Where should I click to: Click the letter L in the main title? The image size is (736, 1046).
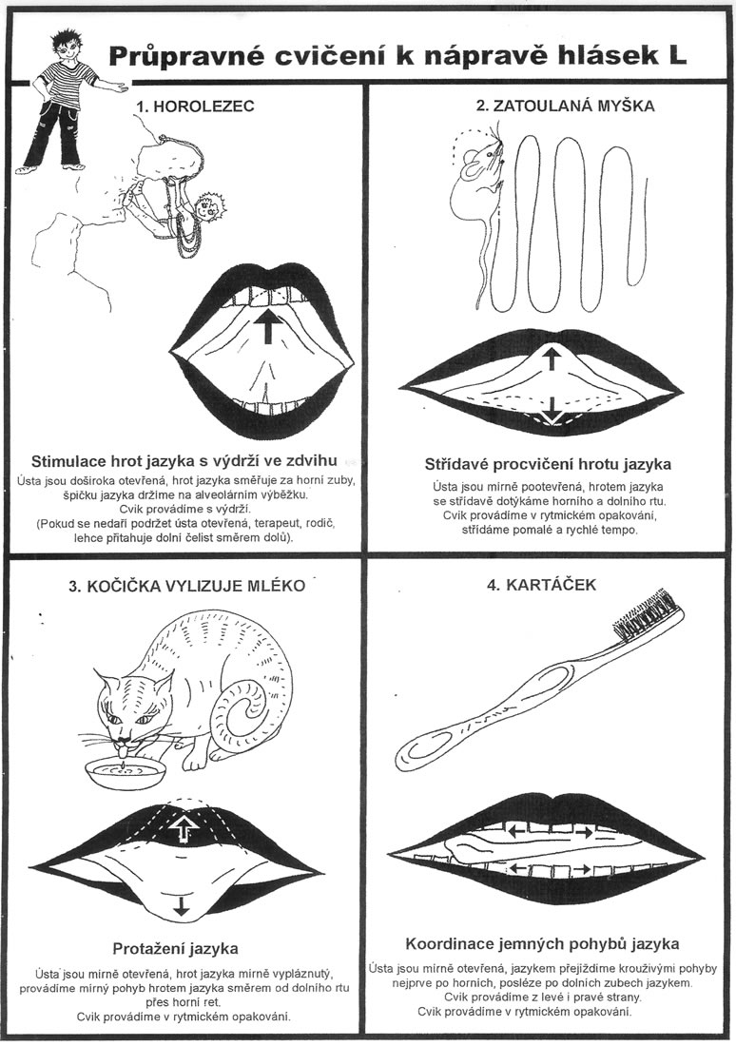(677, 57)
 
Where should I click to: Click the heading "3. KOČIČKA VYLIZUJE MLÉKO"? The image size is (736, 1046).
(187, 586)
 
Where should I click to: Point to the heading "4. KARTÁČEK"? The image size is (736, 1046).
(542, 585)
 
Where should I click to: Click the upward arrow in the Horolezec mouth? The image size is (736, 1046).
(267, 322)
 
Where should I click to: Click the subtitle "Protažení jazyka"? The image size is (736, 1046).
(175, 948)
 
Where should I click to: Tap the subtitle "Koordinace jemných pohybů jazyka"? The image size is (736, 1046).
(543, 944)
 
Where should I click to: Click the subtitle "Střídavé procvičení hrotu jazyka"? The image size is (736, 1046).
(548, 464)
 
